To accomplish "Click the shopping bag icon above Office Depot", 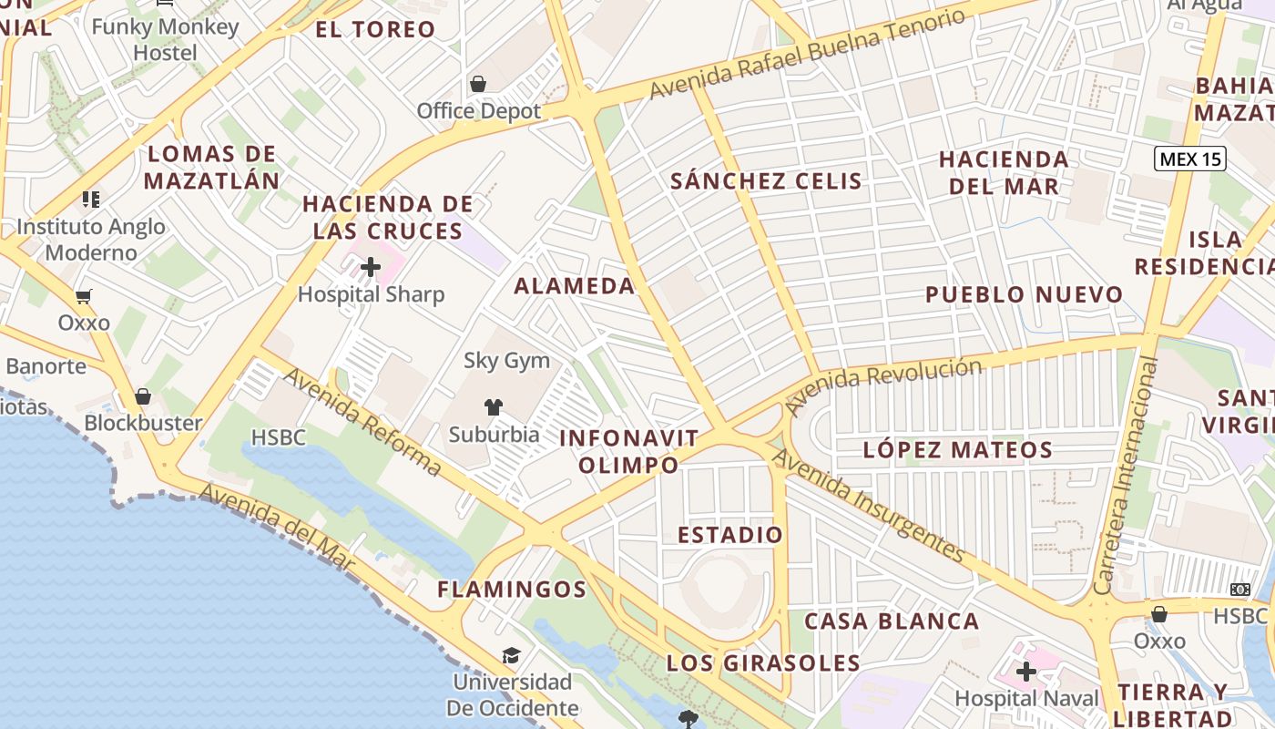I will tap(478, 85).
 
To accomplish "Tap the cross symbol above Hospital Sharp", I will tap(371, 267).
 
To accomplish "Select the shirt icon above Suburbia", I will tap(494, 406).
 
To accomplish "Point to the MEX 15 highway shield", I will tap(1190, 159).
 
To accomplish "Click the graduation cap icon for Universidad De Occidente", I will tap(511, 656).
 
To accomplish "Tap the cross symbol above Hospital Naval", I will tap(1026, 673).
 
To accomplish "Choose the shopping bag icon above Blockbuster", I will tap(143, 396).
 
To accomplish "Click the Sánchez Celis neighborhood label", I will tap(766, 180).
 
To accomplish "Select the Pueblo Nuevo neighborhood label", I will tap(1025, 294).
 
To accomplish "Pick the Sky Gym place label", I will tap(507, 360).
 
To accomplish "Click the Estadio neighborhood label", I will tap(730, 534).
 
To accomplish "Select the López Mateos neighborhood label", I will tap(957, 449).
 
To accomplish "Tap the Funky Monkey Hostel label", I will tap(165, 39).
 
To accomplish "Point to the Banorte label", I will tap(46, 366).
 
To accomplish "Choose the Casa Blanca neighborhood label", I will tap(892, 621).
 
